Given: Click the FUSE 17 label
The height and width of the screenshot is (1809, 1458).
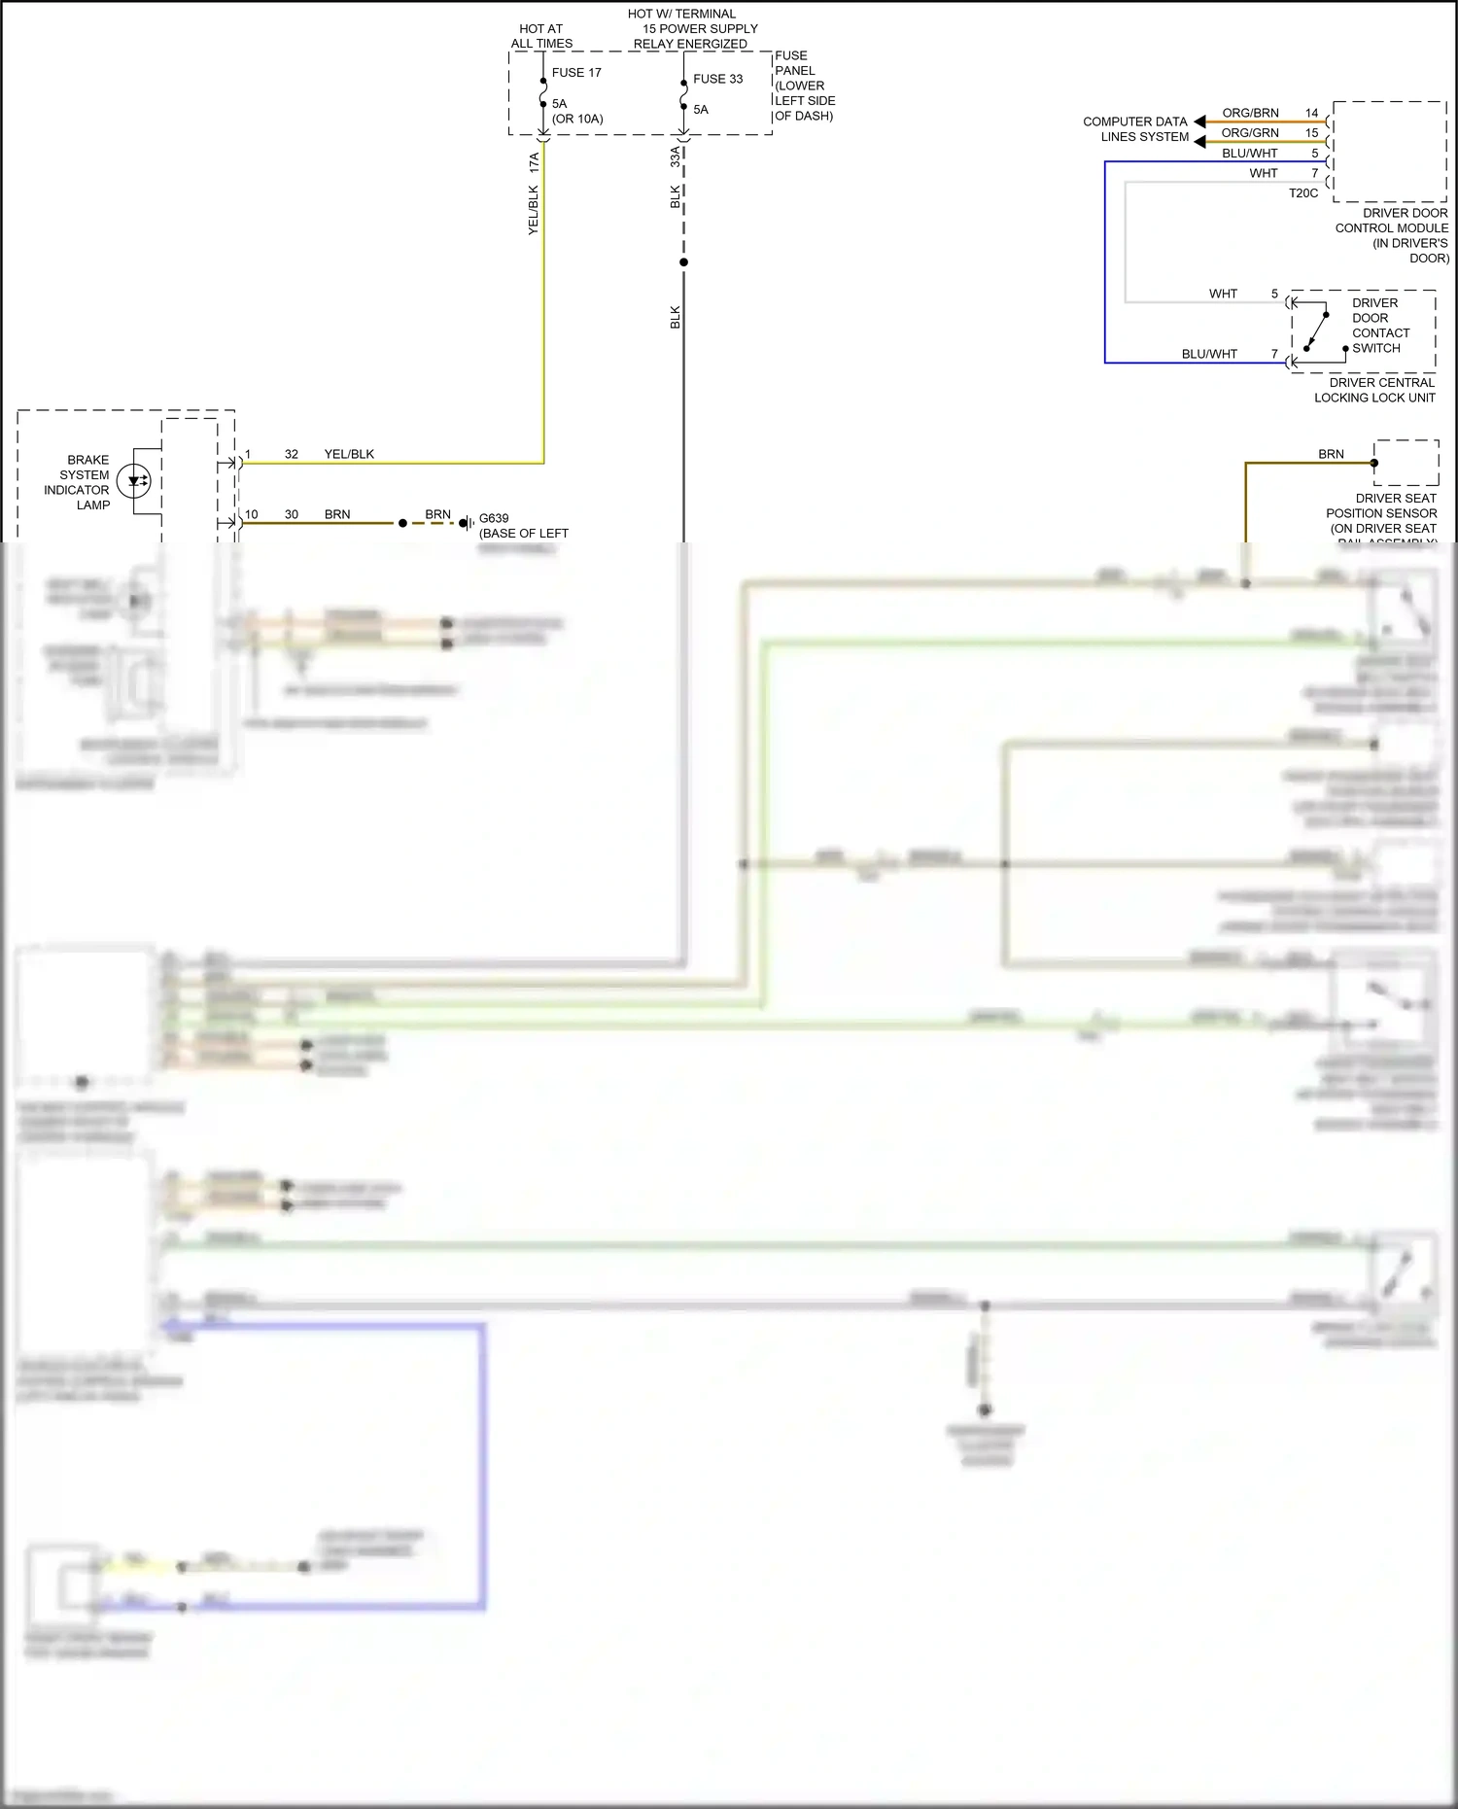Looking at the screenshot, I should tap(576, 73).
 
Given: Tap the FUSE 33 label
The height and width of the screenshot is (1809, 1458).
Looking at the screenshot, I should tap(717, 80).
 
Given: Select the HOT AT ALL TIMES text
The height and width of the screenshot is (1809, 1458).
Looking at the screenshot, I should tap(541, 37).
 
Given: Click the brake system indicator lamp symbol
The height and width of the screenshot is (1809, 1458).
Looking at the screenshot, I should tap(133, 481).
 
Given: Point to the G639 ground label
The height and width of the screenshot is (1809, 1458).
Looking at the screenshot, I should tap(494, 518).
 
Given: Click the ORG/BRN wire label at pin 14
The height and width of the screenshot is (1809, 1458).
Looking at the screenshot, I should tap(1250, 113).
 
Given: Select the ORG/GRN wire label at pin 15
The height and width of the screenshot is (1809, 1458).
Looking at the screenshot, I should tap(1250, 133).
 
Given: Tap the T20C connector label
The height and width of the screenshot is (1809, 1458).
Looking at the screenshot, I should tap(1303, 193).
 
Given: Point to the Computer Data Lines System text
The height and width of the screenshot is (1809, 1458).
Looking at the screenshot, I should tap(1135, 129).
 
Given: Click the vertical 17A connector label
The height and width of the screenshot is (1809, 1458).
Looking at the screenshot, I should tap(534, 162).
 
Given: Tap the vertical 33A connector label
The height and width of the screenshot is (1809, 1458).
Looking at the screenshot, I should tap(676, 157).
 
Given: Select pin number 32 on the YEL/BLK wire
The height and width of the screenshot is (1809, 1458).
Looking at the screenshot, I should tap(292, 454).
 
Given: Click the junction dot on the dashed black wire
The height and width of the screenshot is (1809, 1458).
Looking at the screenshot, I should tap(683, 262).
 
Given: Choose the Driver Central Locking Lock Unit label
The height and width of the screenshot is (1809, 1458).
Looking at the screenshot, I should tap(1374, 390).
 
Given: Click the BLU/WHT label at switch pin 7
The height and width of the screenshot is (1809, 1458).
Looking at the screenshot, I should tap(1209, 354).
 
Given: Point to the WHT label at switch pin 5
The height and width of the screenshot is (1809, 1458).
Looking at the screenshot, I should tap(1223, 294).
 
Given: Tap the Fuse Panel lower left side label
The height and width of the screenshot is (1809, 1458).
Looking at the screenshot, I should tap(804, 86).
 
